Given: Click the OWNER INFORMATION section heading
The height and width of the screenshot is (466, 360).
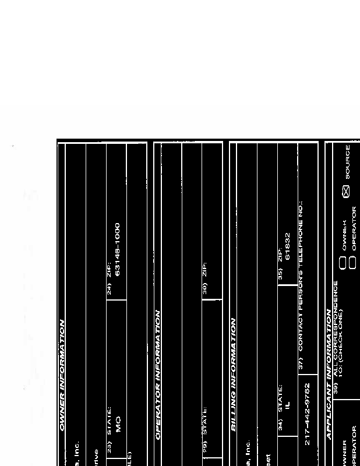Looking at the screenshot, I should pos(62,376).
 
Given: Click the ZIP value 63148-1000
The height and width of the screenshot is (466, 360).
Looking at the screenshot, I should pos(118,249).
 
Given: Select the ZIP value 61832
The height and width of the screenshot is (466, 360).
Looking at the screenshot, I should pos(287,245).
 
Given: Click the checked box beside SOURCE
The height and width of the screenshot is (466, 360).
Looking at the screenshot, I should pos(345,191).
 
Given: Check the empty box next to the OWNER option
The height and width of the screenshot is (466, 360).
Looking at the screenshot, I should pos(343,262).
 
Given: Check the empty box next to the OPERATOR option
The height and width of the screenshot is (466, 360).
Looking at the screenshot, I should pos(352,262).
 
